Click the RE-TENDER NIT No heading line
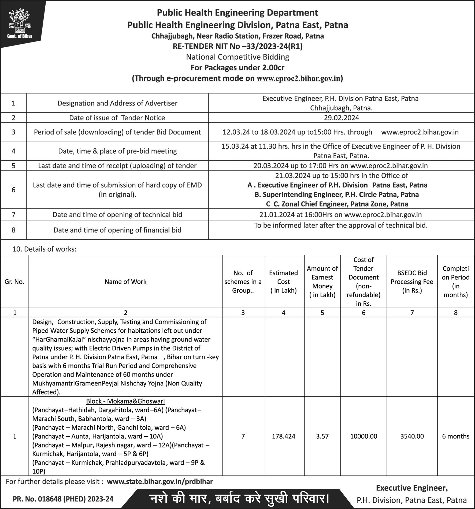237,47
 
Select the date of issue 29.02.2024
341,118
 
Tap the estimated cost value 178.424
283,436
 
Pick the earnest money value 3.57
322,436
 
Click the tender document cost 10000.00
363,436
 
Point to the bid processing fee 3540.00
412,436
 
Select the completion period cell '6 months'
455,436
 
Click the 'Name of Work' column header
125,282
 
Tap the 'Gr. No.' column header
14,282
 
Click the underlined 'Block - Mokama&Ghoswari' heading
125,401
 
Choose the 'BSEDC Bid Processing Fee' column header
412,282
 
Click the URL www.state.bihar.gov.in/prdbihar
160,482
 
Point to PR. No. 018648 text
63,499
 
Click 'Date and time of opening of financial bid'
117,230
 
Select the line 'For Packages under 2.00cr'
237,68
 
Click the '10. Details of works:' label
44,249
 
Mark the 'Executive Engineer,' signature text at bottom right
412,488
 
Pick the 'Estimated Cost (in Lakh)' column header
283,282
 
